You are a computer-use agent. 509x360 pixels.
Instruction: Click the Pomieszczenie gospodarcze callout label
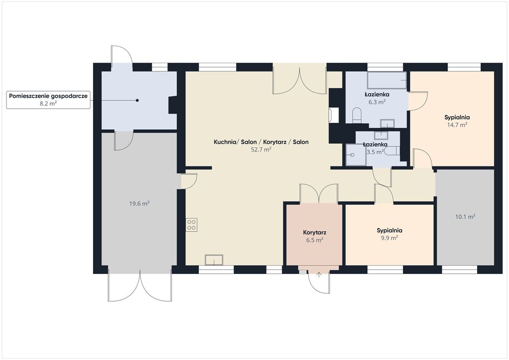tap(48, 99)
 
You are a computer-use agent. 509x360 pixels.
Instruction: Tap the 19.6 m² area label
tap(139, 204)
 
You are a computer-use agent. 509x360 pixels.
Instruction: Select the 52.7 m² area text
tap(261, 150)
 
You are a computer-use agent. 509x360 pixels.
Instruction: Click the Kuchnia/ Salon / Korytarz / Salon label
tap(261, 142)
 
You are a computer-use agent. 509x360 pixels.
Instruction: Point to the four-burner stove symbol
tap(191, 225)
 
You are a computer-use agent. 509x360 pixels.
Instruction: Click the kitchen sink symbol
tap(214, 260)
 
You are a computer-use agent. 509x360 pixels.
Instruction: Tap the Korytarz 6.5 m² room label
tap(315, 236)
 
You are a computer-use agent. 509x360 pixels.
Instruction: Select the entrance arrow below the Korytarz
tap(319, 275)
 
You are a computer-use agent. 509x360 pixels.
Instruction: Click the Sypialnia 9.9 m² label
tap(390, 234)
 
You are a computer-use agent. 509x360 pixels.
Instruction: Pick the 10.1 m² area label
tap(465, 216)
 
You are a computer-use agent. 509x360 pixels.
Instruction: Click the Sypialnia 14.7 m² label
tap(457, 121)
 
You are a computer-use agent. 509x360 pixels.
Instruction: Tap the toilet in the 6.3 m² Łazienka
tap(357, 115)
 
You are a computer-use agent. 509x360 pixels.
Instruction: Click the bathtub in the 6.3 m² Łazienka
tap(387, 81)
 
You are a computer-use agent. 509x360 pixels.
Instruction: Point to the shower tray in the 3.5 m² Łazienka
tap(355, 155)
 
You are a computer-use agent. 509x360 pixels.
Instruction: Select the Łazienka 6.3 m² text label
tap(377, 98)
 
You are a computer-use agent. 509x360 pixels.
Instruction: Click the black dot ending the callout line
tap(137, 100)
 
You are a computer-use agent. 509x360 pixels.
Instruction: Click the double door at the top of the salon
tap(300, 79)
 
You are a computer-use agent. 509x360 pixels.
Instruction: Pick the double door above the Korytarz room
tap(319, 193)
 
